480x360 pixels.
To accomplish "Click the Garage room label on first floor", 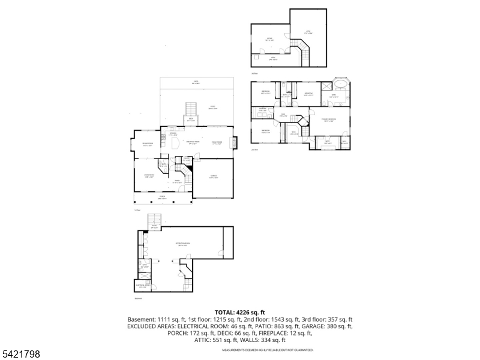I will pos(213,177).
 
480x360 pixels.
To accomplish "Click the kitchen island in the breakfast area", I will pos(176,145).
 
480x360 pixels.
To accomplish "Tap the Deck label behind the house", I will pos(191,120).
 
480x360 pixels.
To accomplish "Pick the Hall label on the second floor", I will pos(284,115).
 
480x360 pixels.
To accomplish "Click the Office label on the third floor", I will pos(269,39).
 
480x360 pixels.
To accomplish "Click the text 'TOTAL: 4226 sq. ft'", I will pos(239,312).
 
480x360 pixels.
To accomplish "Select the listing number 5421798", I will pos(21,354).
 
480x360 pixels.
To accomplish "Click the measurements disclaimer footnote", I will pos(268,350).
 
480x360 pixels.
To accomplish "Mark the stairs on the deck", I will pos(191,110).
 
